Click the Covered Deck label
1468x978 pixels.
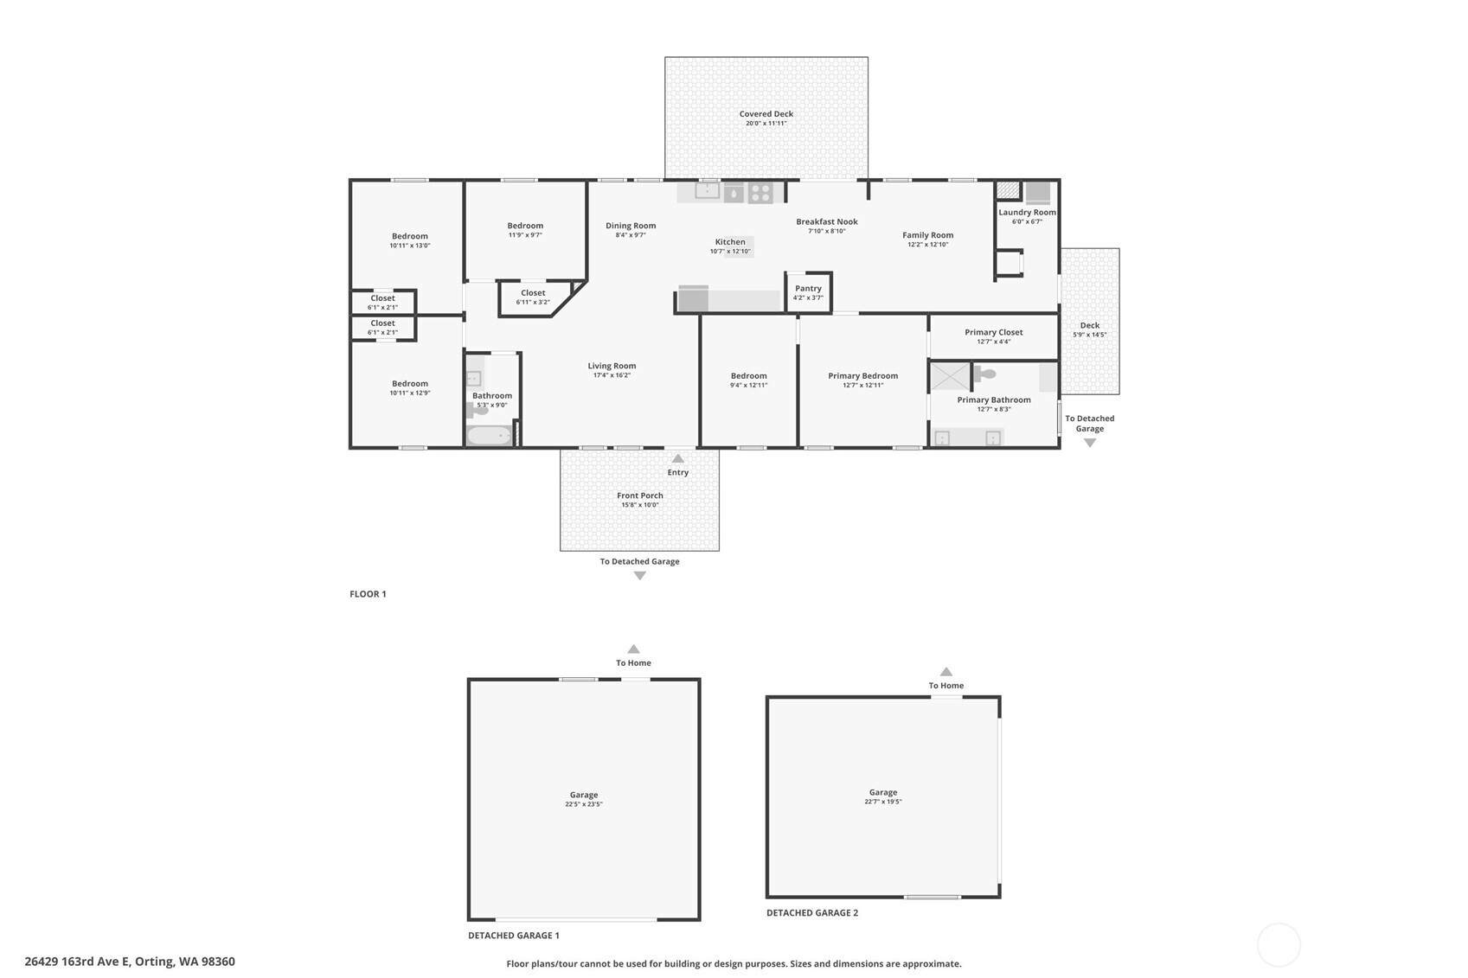click(x=766, y=114)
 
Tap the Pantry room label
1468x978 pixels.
click(x=808, y=288)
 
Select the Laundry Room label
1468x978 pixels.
click(x=1027, y=212)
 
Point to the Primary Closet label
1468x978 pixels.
click(x=994, y=332)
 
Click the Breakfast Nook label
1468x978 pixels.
click(x=826, y=221)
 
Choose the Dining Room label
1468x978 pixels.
click(x=631, y=226)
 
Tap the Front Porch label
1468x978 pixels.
click(x=639, y=495)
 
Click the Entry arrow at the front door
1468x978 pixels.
click(x=677, y=458)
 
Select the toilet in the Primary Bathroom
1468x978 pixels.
click(x=984, y=374)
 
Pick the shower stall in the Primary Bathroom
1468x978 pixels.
click(x=951, y=377)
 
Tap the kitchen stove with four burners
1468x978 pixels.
click(x=760, y=193)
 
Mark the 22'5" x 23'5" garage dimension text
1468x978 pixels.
click(x=583, y=804)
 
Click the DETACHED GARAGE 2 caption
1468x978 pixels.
click(x=812, y=912)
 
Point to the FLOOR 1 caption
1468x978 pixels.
click(x=368, y=594)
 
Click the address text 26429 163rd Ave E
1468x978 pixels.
click(x=78, y=962)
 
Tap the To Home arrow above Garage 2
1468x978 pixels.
click(x=946, y=671)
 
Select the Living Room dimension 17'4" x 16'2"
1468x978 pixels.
click(x=612, y=375)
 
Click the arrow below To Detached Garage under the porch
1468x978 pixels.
click(x=639, y=576)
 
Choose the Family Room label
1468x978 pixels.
click(x=927, y=235)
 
